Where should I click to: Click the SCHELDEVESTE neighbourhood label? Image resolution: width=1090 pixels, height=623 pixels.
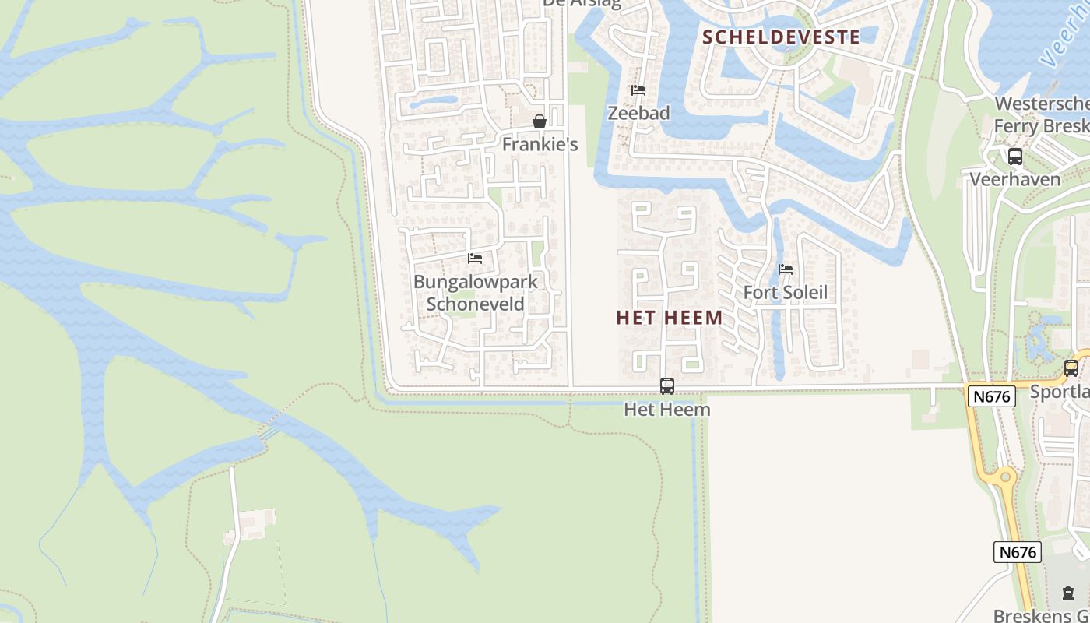tap(781, 37)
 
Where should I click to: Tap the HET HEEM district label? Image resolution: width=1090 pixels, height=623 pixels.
tap(669, 318)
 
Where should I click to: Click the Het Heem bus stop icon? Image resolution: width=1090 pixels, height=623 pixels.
tap(667, 386)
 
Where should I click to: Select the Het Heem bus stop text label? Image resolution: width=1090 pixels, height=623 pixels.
tap(667, 408)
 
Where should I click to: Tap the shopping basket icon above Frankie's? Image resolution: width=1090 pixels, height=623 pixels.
tap(539, 121)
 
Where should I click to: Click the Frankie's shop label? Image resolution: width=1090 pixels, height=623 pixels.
tap(540, 144)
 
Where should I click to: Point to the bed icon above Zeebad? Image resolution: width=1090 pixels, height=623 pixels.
tap(638, 90)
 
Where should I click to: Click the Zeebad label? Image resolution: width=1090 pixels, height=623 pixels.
tap(638, 113)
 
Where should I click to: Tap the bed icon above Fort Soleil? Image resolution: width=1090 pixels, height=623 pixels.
tap(786, 270)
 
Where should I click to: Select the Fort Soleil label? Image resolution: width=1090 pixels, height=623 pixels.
tap(786, 293)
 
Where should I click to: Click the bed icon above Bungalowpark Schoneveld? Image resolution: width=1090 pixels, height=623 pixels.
tap(475, 259)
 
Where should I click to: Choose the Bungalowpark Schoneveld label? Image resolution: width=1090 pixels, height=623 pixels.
tap(476, 292)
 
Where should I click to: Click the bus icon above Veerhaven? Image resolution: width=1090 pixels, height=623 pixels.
tap(1015, 156)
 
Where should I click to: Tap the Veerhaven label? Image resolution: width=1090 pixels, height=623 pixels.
tap(1015, 179)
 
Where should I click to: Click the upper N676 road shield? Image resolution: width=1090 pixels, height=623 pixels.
tap(992, 396)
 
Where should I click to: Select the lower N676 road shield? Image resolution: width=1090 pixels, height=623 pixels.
tap(1018, 552)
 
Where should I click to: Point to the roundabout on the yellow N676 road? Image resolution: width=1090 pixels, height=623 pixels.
tap(1005, 476)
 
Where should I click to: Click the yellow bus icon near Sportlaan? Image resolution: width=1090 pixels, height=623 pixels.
tap(1071, 368)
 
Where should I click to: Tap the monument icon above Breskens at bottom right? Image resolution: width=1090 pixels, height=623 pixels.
tap(1067, 593)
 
